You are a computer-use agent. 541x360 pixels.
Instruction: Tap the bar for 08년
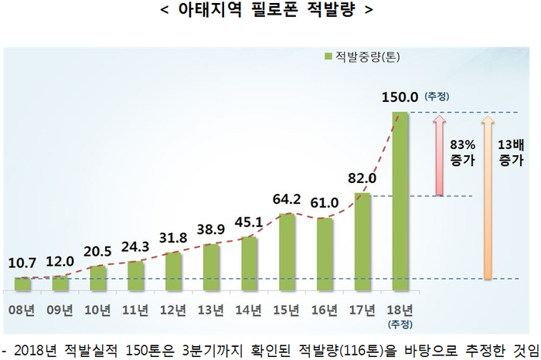[22, 284]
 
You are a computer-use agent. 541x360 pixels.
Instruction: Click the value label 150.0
[400, 97]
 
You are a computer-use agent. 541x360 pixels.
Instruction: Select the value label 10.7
[22, 263]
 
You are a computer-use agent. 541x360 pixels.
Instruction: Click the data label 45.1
[248, 224]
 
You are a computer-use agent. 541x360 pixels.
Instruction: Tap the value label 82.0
[362, 178]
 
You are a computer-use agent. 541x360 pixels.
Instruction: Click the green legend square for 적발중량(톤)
[328, 56]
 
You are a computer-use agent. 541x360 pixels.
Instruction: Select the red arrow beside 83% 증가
[437, 155]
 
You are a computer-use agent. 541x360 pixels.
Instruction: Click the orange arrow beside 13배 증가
[487, 197]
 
